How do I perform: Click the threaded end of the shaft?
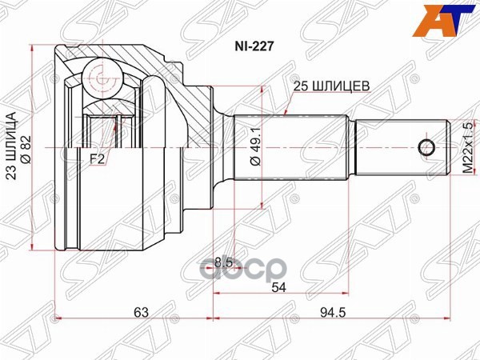pyautogui.click(x=400, y=147)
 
